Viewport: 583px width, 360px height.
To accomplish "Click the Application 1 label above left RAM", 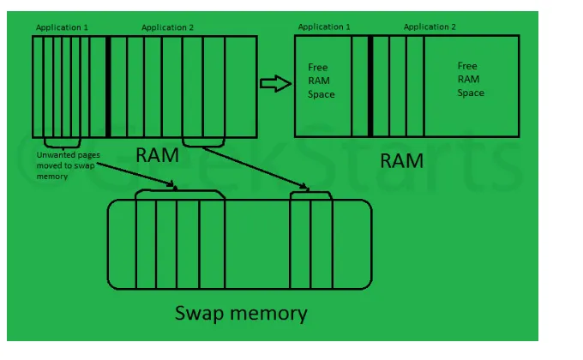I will (x=62, y=27).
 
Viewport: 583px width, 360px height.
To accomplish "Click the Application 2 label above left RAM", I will (x=168, y=27).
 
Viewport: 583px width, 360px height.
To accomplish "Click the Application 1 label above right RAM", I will (x=324, y=27).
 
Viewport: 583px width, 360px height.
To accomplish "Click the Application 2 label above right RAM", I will (x=430, y=27).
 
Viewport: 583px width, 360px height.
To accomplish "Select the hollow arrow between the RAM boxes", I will (x=272, y=83).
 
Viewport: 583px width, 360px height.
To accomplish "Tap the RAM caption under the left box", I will (x=158, y=154).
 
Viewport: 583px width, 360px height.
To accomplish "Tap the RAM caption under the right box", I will (x=402, y=159).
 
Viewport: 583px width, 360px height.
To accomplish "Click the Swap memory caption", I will (x=240, y=313).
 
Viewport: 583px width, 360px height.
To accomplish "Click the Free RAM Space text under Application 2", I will (x=469, y=79).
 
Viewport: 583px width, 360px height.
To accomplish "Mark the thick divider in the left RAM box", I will (x=108, y=86).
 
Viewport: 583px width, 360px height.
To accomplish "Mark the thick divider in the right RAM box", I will (x=370, y=86).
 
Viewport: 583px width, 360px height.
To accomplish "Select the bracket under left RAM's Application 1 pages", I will (x=62, y=142).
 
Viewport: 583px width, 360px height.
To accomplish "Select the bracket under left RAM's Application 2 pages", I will (x=203, y=142).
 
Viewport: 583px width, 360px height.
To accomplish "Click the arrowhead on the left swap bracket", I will (x=176, y=185).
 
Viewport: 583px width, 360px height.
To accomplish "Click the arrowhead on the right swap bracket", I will (x=307, y=187).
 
